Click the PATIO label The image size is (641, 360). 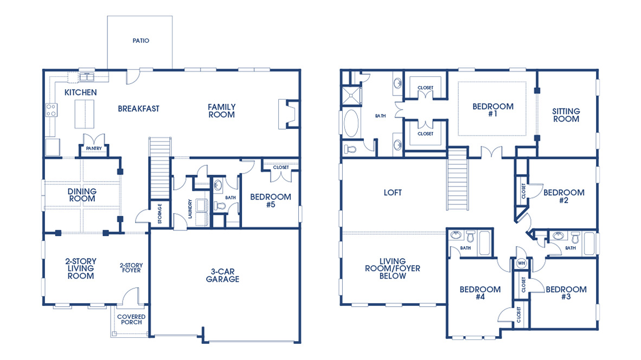point(140,41)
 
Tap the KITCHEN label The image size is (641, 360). point(80,93)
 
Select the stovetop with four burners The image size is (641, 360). point(52,110)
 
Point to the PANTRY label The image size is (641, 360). point(91,148)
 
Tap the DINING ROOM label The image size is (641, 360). point(82,195)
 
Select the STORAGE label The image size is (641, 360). point(159,213)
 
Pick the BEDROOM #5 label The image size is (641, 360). point(270,201)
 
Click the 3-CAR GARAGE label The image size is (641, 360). point(222,275)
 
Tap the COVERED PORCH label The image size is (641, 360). point(131,319)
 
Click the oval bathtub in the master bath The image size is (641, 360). point(351,123)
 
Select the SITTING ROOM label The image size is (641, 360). point(566,115)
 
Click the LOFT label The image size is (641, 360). point(393,192)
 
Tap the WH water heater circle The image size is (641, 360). point(522,263)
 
